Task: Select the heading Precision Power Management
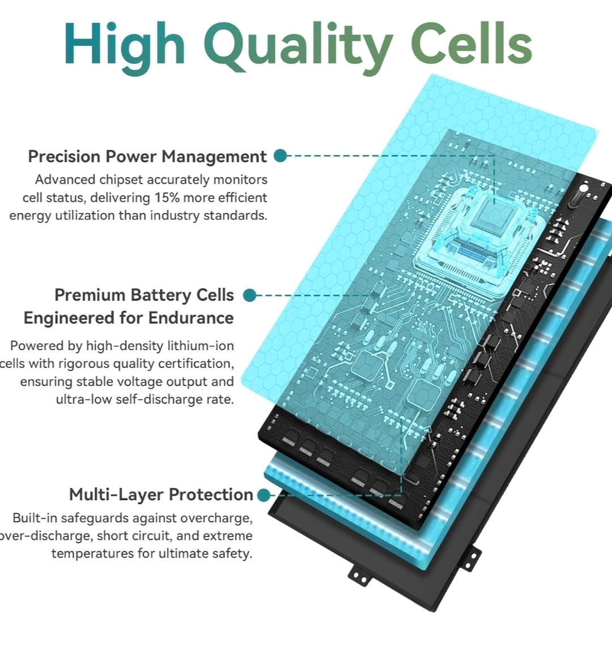pos(147,157)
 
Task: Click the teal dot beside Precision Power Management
pos(280,156)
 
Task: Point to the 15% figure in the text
pos(167,198)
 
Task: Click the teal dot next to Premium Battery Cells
pos(250,295)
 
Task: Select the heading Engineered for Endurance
pos(129,318)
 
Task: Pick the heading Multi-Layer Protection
pos(161,495)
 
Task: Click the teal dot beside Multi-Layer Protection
pos(263,495)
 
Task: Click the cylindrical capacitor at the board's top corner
pos(579,196)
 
